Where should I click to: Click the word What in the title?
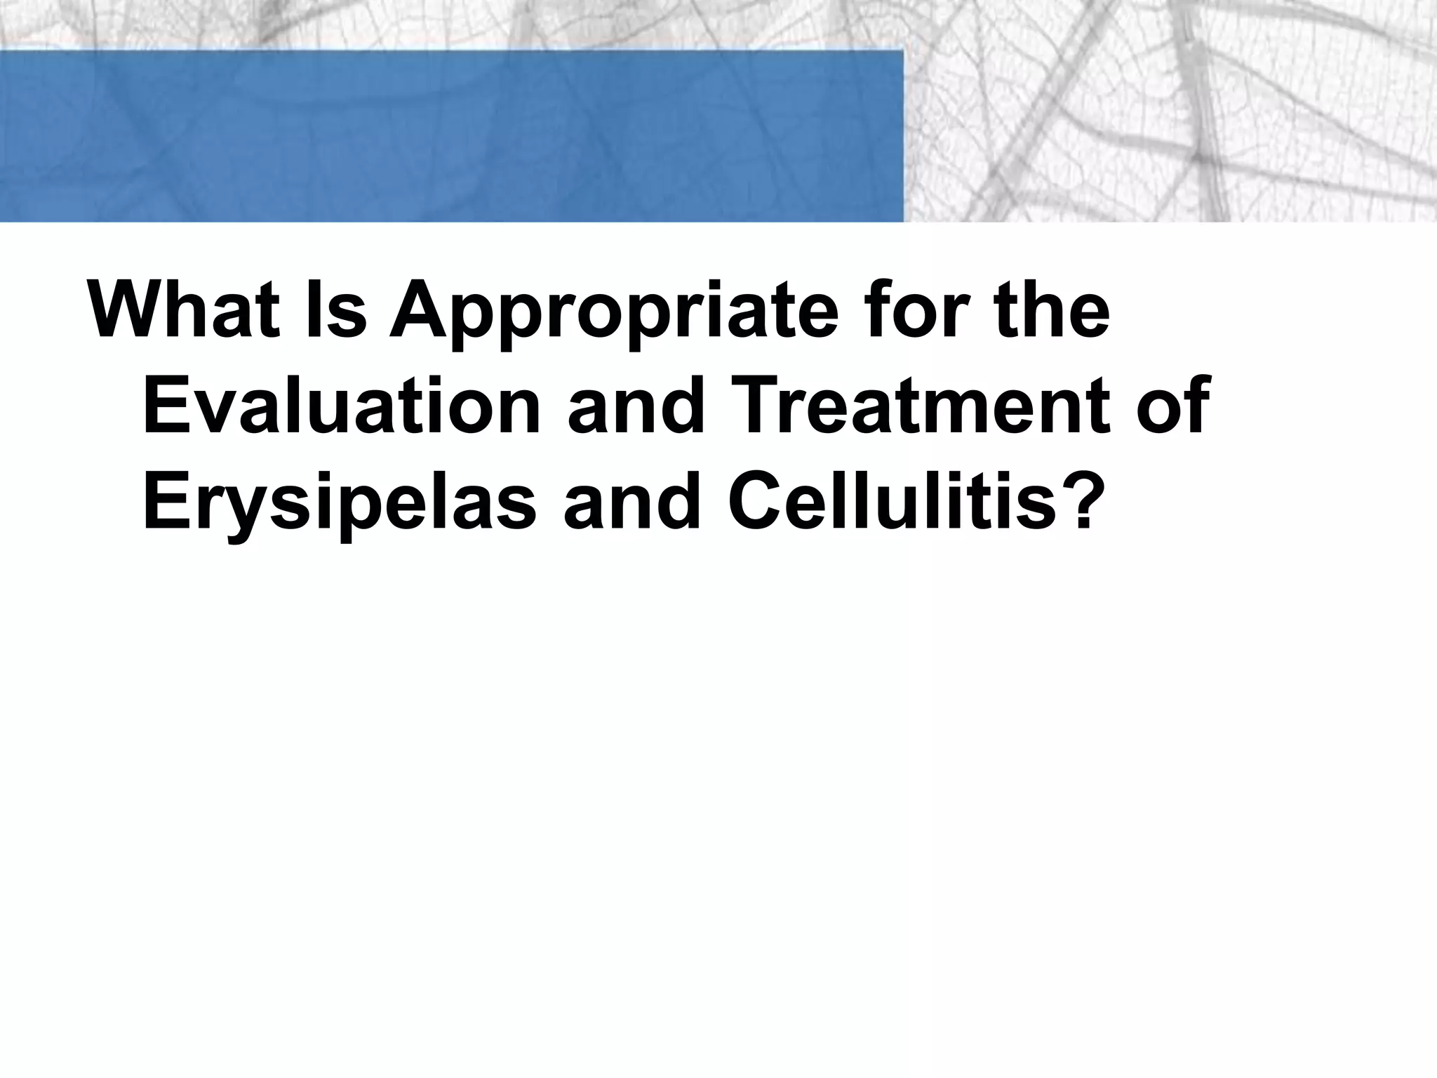tap(180, 310)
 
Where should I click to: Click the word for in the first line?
tap(908, 310)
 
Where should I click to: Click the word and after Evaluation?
tap(635, 406)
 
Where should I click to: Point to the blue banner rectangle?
tap(449, 136)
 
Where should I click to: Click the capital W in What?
tap(128, 310)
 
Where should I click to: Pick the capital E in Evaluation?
tap(166, 406)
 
